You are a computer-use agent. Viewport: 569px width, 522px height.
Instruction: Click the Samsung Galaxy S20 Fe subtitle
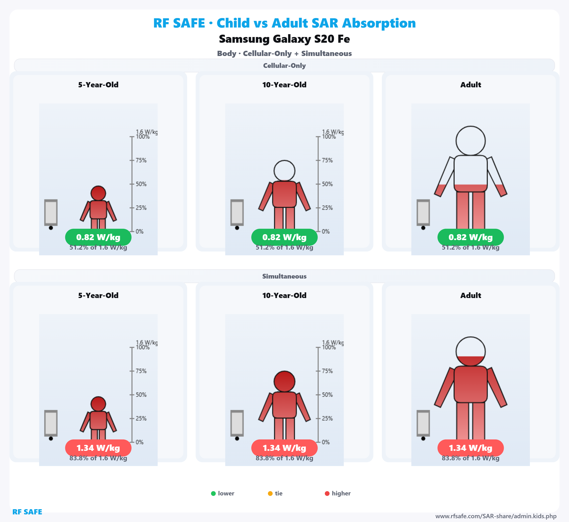click(x=284, y=39)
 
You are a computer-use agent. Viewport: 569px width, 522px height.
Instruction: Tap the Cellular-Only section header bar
click(x=284, y=65)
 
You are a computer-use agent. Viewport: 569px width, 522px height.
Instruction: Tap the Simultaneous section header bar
click(x=284, y=276)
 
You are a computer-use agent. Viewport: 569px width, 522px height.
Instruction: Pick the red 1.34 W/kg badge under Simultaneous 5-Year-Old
click(x=98, y=448)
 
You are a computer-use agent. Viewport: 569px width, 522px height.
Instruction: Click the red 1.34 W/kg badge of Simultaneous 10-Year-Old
click(x=284, y=448)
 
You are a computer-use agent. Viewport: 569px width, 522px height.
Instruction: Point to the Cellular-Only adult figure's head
click(x=471, y=141)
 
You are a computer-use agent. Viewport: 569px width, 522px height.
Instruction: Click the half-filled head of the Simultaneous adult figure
click(x=471, y=351)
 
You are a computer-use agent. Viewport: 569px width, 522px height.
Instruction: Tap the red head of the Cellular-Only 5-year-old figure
click(x=98, y=193)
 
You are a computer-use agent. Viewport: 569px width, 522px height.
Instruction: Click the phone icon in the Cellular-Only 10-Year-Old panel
click(x=237, y=212)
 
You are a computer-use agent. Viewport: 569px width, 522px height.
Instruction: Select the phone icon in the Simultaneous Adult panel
click(x=423, y=423)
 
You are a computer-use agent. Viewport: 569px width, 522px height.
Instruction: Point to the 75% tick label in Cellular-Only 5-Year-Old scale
click(x=141, y=160)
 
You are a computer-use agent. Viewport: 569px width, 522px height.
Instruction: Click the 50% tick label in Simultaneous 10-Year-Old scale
click(x=327, y=395)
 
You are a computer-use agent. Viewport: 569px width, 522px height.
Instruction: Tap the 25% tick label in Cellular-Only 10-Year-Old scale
click(x=327, y=208)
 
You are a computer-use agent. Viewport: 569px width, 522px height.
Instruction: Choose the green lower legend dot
click(x=213, y=494)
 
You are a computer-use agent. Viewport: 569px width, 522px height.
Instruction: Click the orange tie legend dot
click(x=270, y=494)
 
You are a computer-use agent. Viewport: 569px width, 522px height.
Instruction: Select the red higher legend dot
click(x=327, y=494)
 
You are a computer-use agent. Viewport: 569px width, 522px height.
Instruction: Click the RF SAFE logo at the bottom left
click(x=27, y=512)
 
